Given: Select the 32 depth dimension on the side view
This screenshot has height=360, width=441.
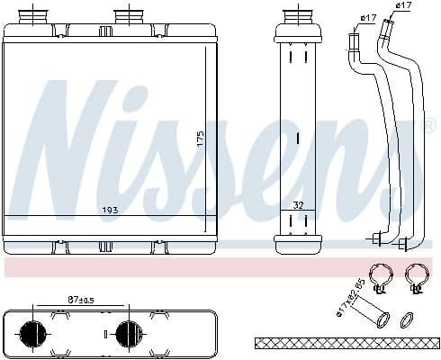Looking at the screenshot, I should [298, 205].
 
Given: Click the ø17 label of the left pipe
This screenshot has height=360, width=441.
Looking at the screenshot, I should [367, 17].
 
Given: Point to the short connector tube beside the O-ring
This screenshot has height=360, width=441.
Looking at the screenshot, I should [373, 316].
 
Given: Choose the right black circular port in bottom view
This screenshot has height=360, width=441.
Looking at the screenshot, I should [126, 333].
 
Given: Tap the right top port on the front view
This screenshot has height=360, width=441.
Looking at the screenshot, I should [126, 17].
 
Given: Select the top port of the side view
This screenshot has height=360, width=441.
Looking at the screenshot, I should [297, 17].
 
